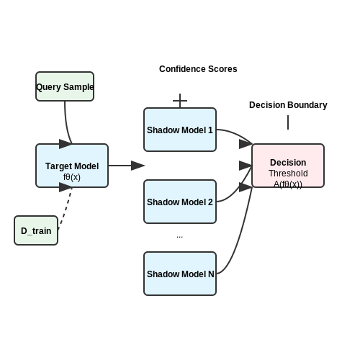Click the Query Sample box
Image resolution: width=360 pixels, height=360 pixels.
[x=65, y=86]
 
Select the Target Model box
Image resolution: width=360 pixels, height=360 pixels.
[x=72, y=166]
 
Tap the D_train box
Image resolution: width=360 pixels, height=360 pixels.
[x=36, y=230]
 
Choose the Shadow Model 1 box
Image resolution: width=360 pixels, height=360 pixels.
[x=180, y=130]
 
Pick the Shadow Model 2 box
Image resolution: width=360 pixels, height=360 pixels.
[x=180, y=202]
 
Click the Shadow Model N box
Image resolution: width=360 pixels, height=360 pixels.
[x=180, y=274]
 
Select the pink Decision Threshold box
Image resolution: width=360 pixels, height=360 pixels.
[x=288, y=166]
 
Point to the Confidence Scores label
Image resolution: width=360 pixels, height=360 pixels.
[x=198, y=69]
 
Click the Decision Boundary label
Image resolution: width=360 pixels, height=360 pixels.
[x=288, y=105]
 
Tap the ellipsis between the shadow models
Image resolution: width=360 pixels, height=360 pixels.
[x=179, y=237]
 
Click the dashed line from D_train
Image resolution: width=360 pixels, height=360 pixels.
[x=65, y=208]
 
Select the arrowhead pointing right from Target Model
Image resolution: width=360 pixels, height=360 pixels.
[x=138, y=166]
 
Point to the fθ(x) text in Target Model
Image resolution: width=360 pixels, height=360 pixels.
[x=72, y=177]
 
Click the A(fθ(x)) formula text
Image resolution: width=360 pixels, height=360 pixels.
[x=288, y=184]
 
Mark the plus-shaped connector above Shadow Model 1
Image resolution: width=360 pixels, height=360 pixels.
[x=180, y=101]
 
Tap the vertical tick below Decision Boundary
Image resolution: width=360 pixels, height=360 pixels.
[x=288, y=122]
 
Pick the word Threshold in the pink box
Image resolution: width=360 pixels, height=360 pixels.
[x=288, y=174]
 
